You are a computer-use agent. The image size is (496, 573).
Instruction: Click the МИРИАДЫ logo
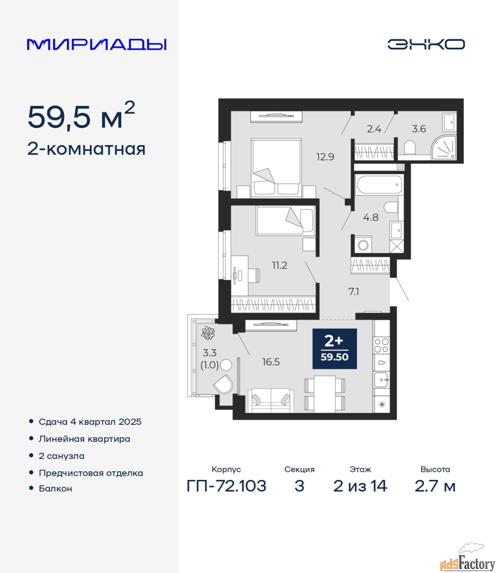click(x=97, y=44)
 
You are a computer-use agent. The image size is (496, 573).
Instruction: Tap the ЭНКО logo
click(x=426, y=44)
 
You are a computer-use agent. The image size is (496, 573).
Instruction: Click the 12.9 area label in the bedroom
click(x=326, y=157)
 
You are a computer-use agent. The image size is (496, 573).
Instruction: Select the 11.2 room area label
click(x=280, y=265)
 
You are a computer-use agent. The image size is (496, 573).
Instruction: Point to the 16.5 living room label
click(x=271, y=362)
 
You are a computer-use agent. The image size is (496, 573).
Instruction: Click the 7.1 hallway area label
click(x=354, y=291)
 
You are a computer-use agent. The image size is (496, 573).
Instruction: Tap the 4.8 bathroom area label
click(x=371, y=217)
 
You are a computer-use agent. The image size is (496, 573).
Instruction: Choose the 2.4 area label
click(x=374, y=129)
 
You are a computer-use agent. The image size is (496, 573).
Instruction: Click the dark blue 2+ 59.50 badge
click(x=335, y=348)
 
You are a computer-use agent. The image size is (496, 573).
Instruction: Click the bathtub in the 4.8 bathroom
click(x=378, y=184)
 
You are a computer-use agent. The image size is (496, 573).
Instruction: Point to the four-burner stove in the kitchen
click(x=382, y=345)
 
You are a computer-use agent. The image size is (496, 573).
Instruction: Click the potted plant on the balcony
click(x=208, y=333)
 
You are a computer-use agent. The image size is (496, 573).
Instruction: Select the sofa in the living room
click(x=271, y=401)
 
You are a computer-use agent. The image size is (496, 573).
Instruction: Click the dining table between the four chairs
click(x=325, y=393)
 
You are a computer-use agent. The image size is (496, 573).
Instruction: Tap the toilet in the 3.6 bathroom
click(x=410, y=147)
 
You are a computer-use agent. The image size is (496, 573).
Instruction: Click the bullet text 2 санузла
click(x=61, y=456)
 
